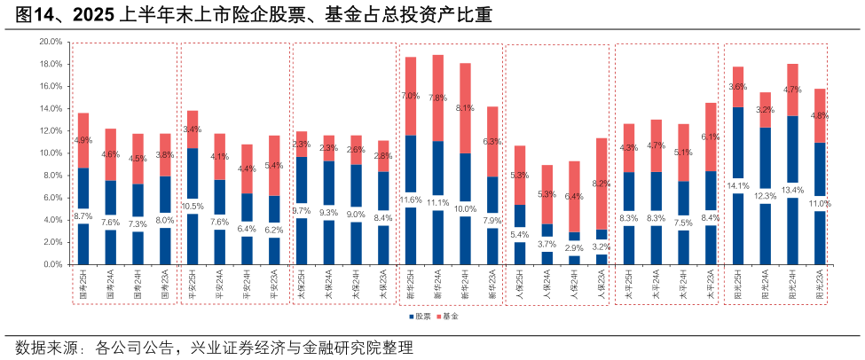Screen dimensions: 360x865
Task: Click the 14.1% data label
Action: click(738, 186)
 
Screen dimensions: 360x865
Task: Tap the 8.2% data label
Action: click(602, 184)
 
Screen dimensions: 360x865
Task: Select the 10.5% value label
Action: click(193, 206)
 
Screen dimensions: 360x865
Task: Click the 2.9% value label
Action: click(575, 248)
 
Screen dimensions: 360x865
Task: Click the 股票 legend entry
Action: click(420, 317)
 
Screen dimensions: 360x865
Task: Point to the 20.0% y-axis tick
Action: click(51, 42)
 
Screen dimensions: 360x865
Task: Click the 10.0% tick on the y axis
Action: click(51, 153)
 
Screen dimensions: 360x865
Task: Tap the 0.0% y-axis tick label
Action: click(52, 264)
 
